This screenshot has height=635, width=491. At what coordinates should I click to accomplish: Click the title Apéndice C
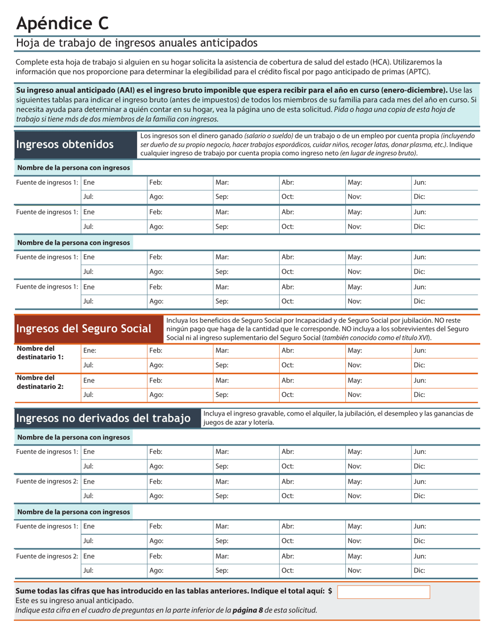click(63, 23)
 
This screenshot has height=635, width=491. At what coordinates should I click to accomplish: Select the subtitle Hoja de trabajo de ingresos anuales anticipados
click(136, 43)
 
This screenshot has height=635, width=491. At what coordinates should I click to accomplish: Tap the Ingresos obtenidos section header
click(65, 145)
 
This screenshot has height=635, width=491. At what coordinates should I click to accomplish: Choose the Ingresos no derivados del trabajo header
click(103, 418)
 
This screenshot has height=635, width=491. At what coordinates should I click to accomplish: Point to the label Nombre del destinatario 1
click(40, 353)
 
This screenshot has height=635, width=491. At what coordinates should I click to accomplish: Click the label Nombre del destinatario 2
click(40, 383)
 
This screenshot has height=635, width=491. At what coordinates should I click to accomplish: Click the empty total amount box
click(383, 592)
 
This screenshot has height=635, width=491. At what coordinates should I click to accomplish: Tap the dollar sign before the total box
click(330, 591)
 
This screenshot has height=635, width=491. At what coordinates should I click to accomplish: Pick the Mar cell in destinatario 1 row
click(245, 350)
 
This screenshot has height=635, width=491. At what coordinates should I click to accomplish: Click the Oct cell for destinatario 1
click(312, 364)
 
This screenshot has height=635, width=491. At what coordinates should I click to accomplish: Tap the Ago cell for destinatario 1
click(179, 364)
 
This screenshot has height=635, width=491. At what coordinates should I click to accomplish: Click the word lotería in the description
click(262, 422)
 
